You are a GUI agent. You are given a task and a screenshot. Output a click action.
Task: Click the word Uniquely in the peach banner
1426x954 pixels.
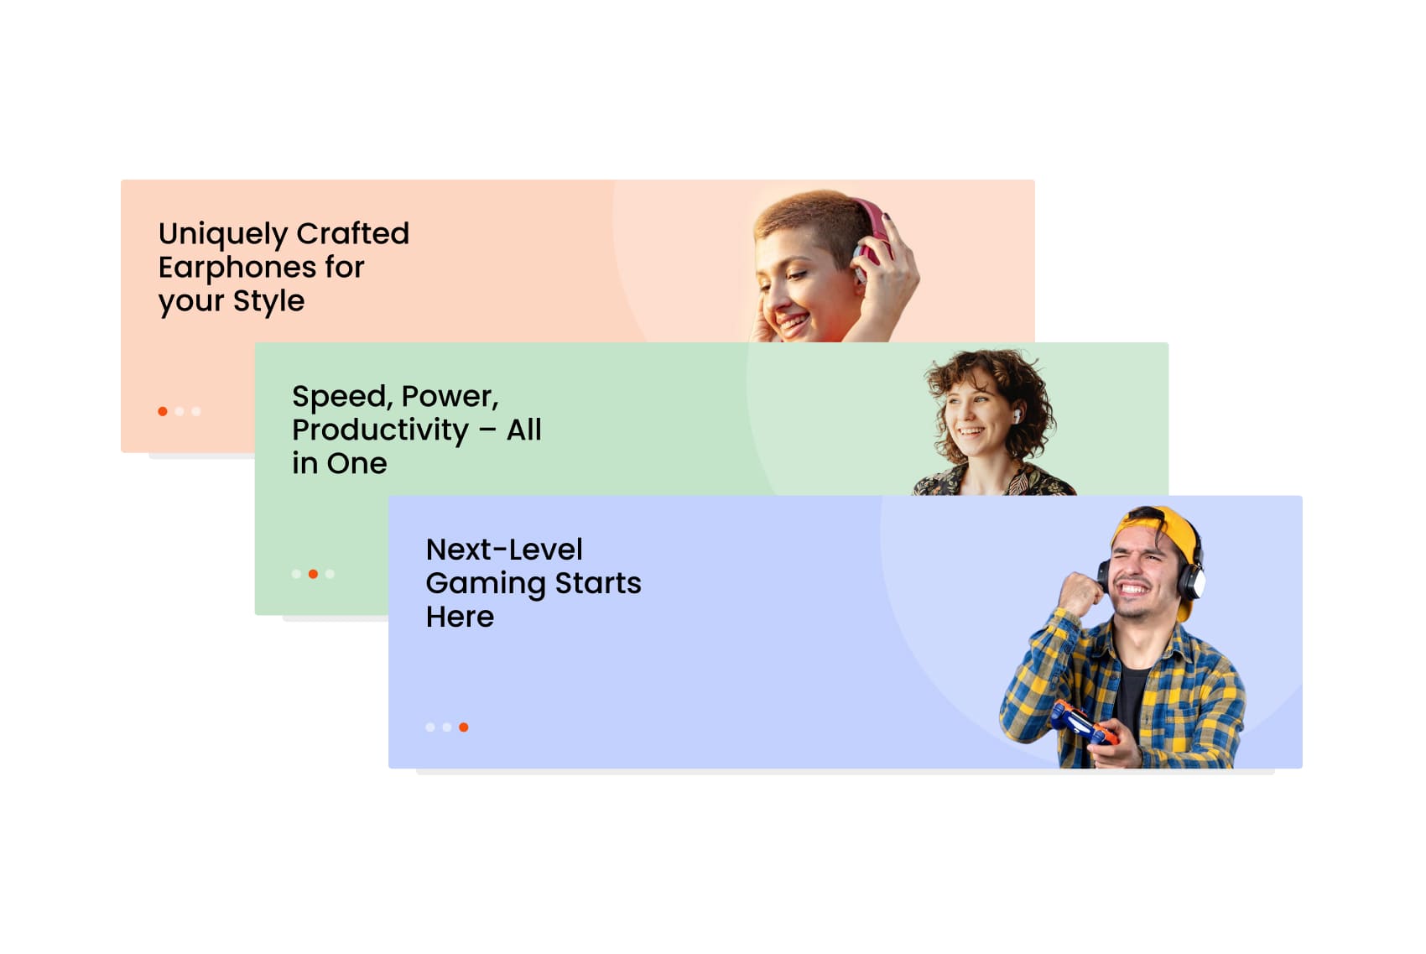tap(223, 235)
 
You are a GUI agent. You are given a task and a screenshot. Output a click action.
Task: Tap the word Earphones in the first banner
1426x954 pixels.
tap(237, 268)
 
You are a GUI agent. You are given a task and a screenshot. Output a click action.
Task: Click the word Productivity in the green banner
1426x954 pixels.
tap(380, 430)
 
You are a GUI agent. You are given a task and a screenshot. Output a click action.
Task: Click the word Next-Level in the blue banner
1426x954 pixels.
tap(504, 550)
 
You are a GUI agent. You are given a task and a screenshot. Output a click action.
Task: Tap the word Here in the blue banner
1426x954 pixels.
tap(460, 617)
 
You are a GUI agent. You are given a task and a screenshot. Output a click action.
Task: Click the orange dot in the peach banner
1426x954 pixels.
tap(163, 411)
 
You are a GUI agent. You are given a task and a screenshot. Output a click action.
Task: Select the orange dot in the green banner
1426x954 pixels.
tap(313, 574)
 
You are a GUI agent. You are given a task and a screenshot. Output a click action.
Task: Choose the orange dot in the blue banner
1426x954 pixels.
tap(463, 727)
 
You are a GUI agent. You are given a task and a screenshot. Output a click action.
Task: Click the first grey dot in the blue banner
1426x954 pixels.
tap(430, 727)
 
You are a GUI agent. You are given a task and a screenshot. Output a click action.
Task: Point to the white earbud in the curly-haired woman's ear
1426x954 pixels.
tap(1017, 416)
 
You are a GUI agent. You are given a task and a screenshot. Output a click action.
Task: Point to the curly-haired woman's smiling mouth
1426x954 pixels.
tap(971, 432)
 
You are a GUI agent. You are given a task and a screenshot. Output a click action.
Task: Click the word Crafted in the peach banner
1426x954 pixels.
tap(352, 234)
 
